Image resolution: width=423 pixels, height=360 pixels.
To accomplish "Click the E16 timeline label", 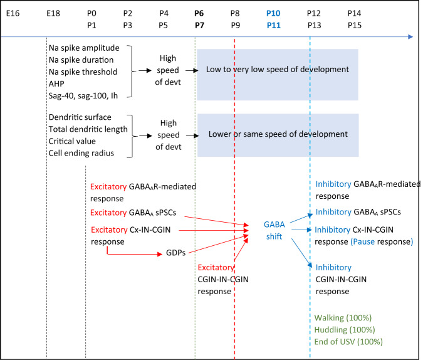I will [x=13, y=13].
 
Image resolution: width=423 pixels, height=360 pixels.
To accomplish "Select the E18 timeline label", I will [x=54, y=13].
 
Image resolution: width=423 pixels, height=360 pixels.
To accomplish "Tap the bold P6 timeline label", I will [x=199, y=13].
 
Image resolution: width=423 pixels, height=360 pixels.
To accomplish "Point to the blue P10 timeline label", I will [x=273, y=13].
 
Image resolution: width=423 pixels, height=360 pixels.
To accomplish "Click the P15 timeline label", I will [x=354, y=24].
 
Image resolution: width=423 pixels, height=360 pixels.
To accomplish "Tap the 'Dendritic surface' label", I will [x=80, y=118].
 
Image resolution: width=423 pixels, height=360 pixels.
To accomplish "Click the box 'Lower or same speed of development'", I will [x=277, y=134].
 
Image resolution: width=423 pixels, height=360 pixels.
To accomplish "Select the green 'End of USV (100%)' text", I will [x=349, y=341].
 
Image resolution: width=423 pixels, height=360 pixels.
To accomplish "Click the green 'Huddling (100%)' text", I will [x=345, y=330].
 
